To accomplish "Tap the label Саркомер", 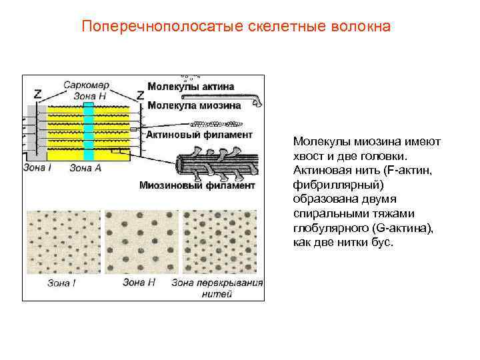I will point(86,85).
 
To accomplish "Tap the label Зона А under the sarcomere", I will point(85,168).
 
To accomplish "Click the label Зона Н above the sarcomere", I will point(88,95).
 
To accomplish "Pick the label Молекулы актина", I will point(191,87).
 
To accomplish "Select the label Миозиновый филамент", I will point(197,185).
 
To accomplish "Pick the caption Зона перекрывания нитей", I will point(217,287).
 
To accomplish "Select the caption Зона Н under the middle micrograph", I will point(139,282).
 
